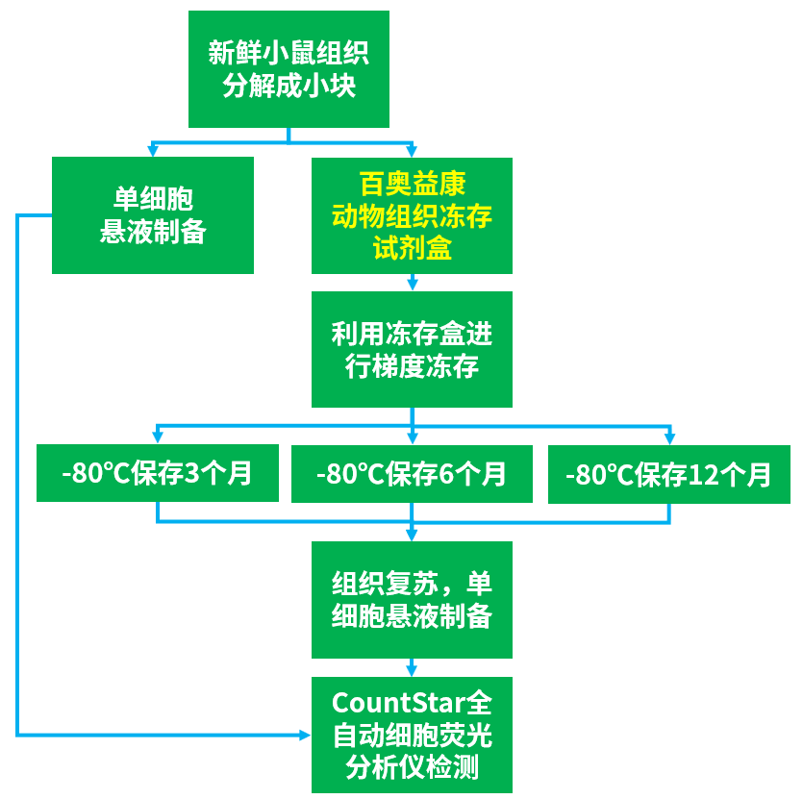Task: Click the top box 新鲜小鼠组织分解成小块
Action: (289, 69)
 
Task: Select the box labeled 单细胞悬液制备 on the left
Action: (153, 215)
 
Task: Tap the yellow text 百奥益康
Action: (412, 184)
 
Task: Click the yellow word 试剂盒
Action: (412, 248)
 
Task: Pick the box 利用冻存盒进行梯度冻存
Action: (412, 350)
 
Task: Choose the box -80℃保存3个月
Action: (157, 473)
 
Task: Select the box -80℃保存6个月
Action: (412, 473)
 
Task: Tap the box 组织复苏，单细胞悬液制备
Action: (412, 600)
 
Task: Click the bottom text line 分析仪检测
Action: (412, 767)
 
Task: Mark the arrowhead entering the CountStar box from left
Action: (305, 736)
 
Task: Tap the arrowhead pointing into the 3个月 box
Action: (157, 437)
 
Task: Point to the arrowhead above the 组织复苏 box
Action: (412, 535)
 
